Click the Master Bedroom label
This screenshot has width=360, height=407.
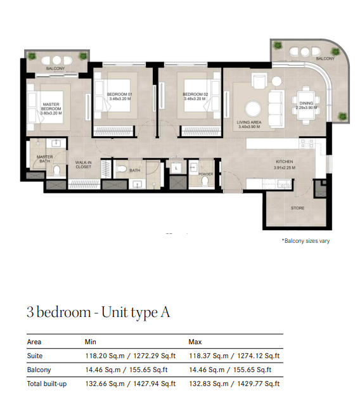pyautogui.click(x=51, y=107)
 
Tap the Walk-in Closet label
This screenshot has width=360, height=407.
pyautogui.click(x=83, y=165)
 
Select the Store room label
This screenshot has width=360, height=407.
pyautogui.click(x=298, y=208)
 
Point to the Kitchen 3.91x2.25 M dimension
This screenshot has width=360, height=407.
pyautogui.click(x=285, y=167)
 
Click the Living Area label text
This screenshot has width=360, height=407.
pyautogui.click(x=249, y=122)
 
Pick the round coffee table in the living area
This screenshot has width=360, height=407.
pyautogui.click(x=254, y=109)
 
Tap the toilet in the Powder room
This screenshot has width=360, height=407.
pyautogui.click(x=205, y=181)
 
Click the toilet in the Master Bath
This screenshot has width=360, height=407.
pyautogui.click(x=56, y=171)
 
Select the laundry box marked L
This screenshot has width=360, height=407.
pyautogui.click(x=176, y=167)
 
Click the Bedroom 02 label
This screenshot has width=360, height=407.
pyautogui.click(x=195, y=94)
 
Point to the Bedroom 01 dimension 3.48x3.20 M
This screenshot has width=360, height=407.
pyautogui.click(x=120, y=99)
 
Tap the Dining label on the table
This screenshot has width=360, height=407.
pyautogui.click(x=306, y=103)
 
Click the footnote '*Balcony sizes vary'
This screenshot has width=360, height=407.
pyautogui.click(x=305, y=241)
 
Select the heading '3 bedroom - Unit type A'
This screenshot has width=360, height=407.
pyautogui.click(x=98, y=312)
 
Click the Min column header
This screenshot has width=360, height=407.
pyautogui.click(x=91, y=342)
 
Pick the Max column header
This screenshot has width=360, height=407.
pyautogui.click(x=195, y=342)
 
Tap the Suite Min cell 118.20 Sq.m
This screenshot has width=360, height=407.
pyautogui.click(x=105, y=356)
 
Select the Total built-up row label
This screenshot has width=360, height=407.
pyautogui.click(x=47, y=384)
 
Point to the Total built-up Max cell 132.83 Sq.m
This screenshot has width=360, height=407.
pyautogui.click(x=209, y=384)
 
